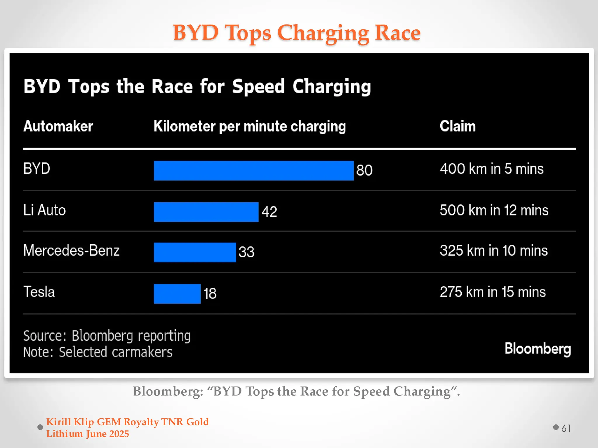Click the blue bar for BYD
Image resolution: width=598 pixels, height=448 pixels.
click(x=253, y=171)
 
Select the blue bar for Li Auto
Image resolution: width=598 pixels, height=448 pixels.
click(x=206, y=212)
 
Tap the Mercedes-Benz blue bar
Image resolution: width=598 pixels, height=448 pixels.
click(x=195, y=252)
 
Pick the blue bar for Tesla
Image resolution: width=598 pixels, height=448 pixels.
click(x=177, y=294)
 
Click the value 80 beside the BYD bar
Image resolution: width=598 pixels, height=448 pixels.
click(x=364, y=170)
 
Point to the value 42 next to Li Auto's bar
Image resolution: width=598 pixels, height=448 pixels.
click(x=269, y=212)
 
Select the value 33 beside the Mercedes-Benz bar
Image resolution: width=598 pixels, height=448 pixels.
click(x=246, y=252)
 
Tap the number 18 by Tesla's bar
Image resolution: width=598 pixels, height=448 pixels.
click(x=210, y=293)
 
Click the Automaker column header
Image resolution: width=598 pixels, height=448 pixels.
click(x=58, y=126)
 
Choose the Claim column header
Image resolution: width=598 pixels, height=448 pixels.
click(x=458, y=126)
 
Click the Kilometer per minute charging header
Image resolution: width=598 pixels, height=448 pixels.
click(x=250, y=127)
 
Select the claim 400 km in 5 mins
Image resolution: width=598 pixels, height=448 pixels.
click(x=492, y=169)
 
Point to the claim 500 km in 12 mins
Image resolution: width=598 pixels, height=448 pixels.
click(x=494, y=210)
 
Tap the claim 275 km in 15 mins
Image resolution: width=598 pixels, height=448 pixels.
click(x=493, y=292)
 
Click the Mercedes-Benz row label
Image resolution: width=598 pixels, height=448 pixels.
click(x=72, y=251)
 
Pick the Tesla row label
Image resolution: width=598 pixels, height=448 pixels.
click(x=39, y=292)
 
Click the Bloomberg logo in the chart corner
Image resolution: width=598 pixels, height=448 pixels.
click(x=538, y=349)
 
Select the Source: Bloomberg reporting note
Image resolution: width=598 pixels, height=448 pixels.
click(x=107, y=336)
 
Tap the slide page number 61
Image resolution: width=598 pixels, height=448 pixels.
click(x=566, y=428)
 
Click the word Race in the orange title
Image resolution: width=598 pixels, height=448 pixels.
click(x=397, y=32)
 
